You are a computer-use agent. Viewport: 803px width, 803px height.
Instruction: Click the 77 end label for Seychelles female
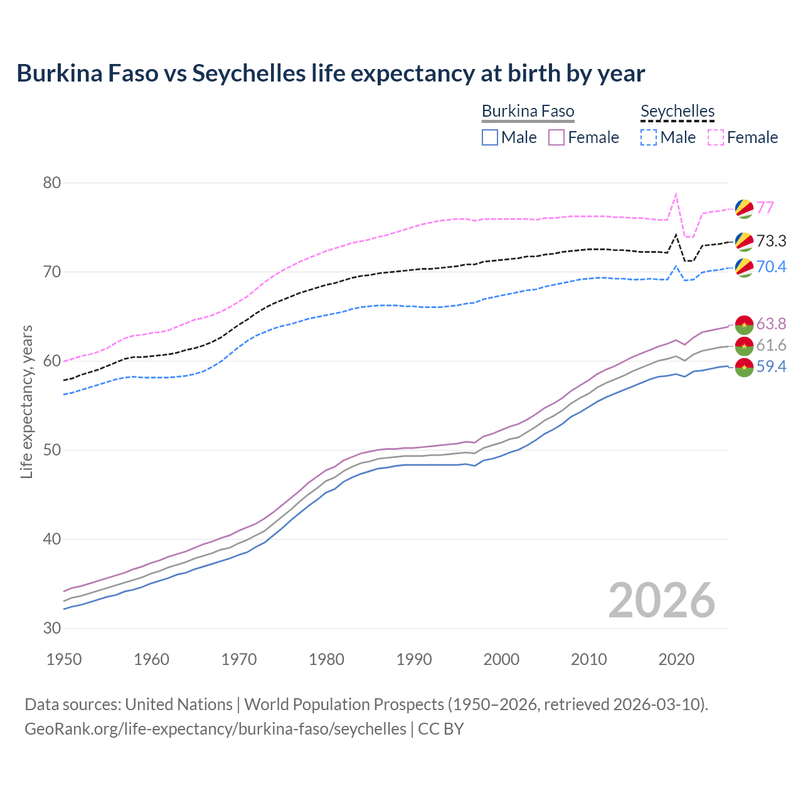coord(765,208)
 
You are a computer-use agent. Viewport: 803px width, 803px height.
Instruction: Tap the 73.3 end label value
coord(771,241)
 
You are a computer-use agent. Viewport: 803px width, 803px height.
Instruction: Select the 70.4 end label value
coord(771,267)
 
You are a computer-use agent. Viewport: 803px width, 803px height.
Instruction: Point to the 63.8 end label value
coord(771,324)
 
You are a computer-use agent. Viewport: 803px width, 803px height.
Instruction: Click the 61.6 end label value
coord(771,345)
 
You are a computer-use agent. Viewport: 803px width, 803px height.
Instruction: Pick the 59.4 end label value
coord(771,366)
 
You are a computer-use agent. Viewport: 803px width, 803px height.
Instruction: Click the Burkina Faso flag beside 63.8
coord(744,324)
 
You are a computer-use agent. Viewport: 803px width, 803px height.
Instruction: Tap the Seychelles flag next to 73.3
coord(744,242)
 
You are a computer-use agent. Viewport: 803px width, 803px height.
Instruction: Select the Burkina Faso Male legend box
coord(490,137)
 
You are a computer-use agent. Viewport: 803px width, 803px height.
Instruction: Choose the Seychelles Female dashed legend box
coord(716,137)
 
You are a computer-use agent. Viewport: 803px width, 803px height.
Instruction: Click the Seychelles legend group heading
coord(678,111)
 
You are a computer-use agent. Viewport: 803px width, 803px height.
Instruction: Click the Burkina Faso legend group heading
coord(528,111)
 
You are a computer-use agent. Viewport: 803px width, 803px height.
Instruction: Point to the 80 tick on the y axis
coord(52,183)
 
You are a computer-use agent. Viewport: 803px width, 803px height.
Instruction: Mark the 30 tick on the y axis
coord(52,628)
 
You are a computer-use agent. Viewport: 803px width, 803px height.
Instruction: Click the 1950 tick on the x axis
coord(64,659)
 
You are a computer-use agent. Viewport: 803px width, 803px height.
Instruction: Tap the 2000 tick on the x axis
coord(501,659)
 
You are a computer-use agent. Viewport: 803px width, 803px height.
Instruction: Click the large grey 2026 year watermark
coord(662,600)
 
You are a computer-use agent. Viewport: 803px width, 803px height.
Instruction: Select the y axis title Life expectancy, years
coord(26,401)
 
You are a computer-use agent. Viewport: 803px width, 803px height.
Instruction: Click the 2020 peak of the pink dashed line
coord(676,194)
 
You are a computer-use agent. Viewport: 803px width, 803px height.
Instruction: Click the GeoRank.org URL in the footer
coord(215,729)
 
